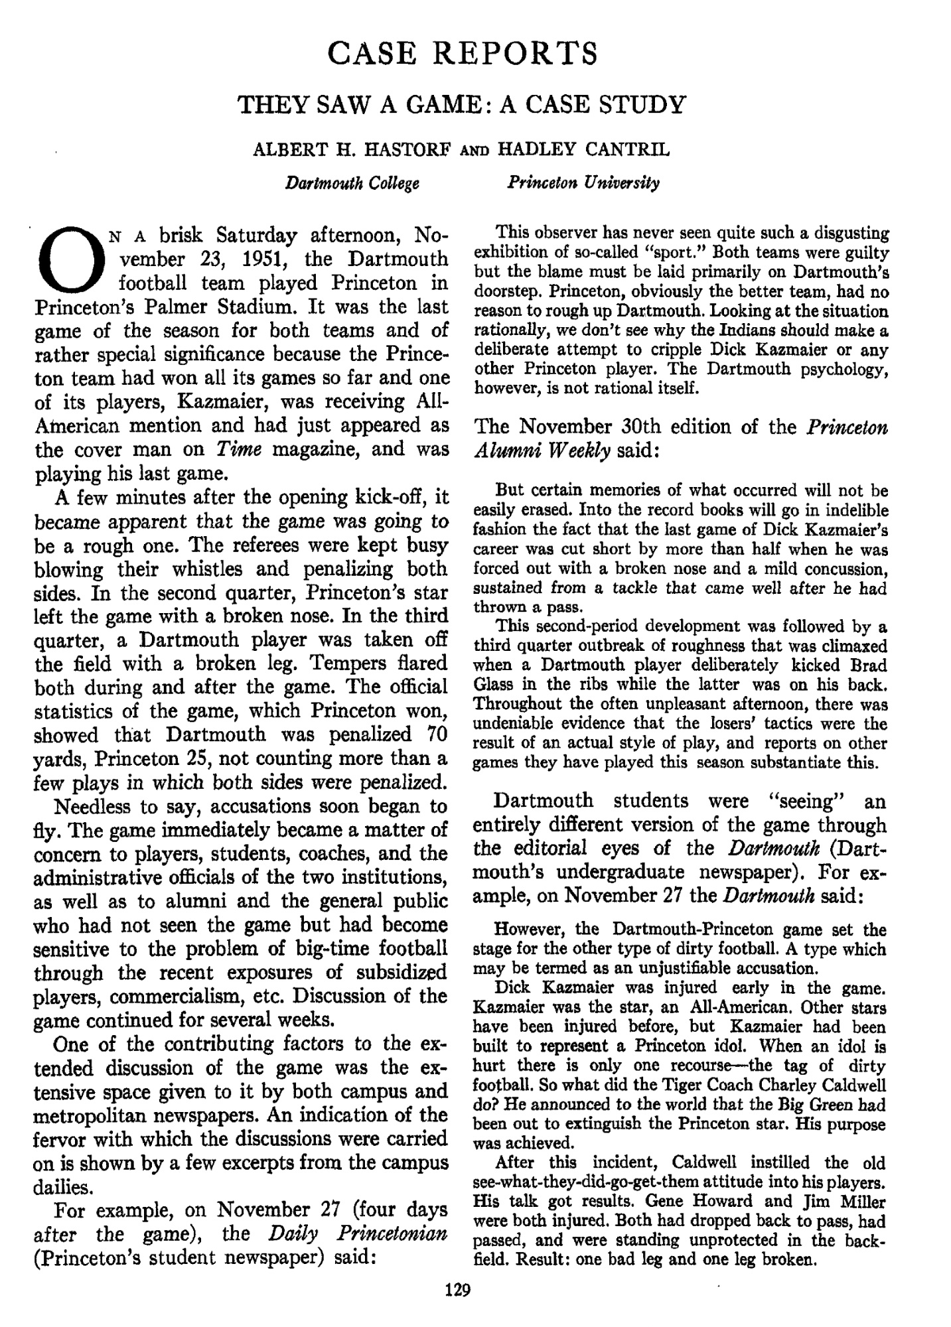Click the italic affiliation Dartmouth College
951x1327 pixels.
pos(352,182)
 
